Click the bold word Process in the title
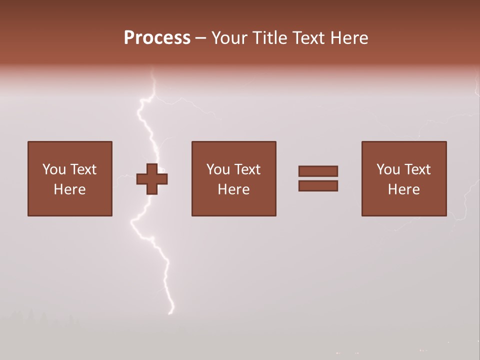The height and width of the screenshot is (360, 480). pos(157,38)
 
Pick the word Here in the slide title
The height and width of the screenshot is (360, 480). pos(350,38)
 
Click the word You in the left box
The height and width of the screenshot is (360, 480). pos(54,169)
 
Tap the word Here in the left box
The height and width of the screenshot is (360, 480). pos(69,189)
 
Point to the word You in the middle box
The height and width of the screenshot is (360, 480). pos(218,169)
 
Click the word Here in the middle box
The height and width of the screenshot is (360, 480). pos(233,189)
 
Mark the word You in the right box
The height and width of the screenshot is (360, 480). pos(388,169)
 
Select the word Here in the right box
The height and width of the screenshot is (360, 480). pos(403,189)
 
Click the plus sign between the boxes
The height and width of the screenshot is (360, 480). pos(152,179)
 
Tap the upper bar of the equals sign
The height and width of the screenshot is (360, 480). pos(318,171)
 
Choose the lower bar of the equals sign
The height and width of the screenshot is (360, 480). pos(318,186)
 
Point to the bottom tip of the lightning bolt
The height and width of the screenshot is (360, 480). pos(171,313)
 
